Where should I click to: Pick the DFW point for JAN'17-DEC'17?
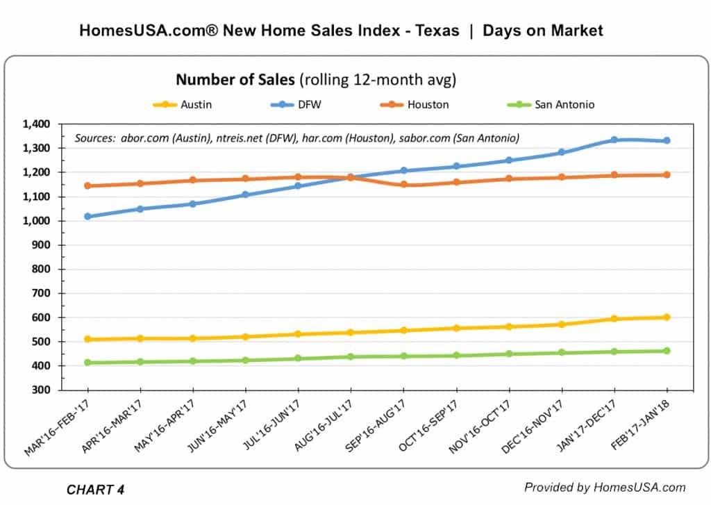click(x=614, y=140)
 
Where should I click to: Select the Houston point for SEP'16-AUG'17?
click(x=403, y=185)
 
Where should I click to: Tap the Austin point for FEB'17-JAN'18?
click(x=667, y=317)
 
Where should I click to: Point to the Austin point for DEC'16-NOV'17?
click(x=561, y=324)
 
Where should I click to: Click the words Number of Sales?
click(x=235, y=80)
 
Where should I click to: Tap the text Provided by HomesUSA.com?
click(x=605, y=487)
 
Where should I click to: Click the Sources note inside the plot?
click(x=296, y=137)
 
